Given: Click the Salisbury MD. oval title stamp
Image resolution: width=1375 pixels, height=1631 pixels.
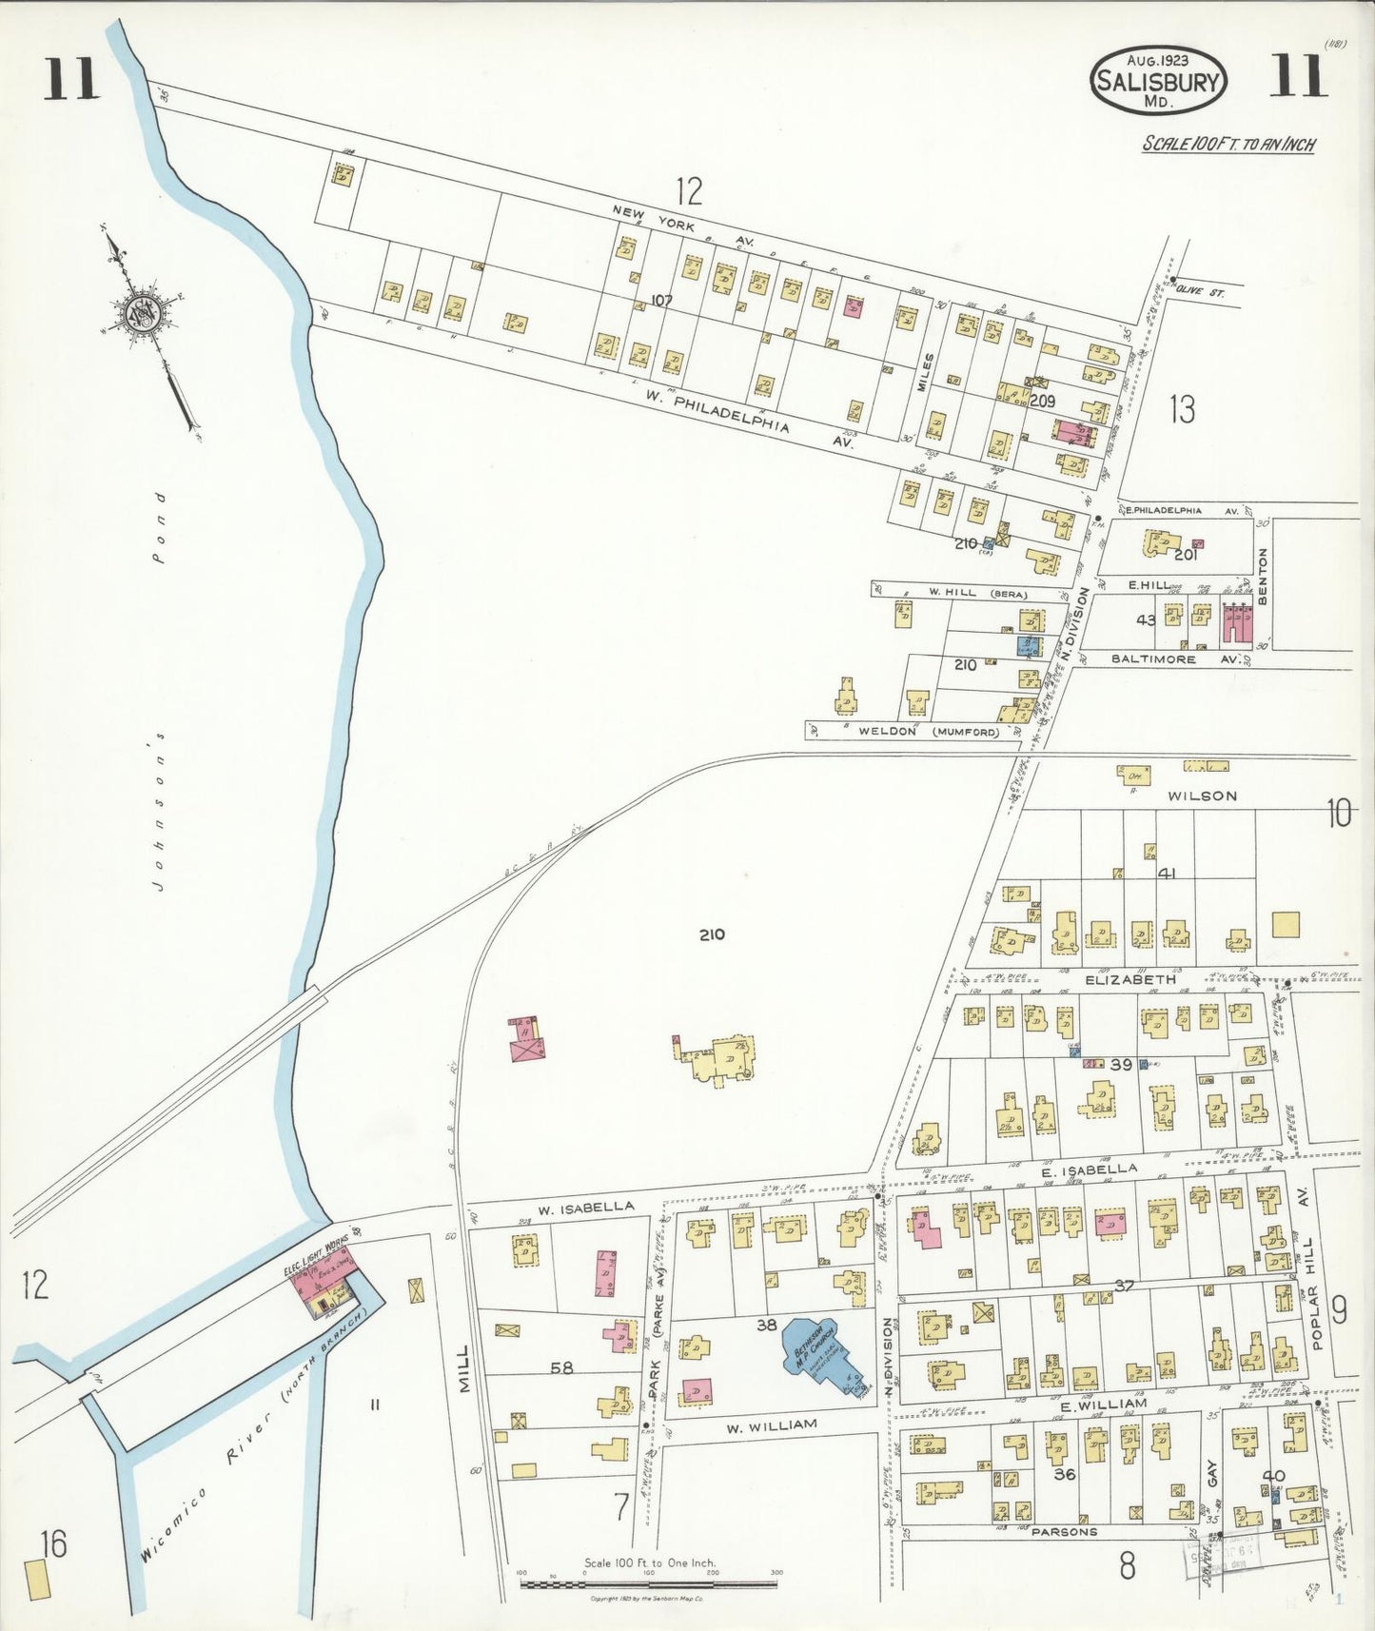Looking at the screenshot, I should (1158, 82).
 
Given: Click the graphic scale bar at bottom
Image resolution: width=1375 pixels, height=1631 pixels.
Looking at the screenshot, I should (649, 1585).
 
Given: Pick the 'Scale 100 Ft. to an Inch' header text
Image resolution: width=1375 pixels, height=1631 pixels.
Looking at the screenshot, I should (1228, 145).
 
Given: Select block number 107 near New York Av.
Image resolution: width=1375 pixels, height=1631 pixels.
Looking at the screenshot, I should (661, 301).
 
